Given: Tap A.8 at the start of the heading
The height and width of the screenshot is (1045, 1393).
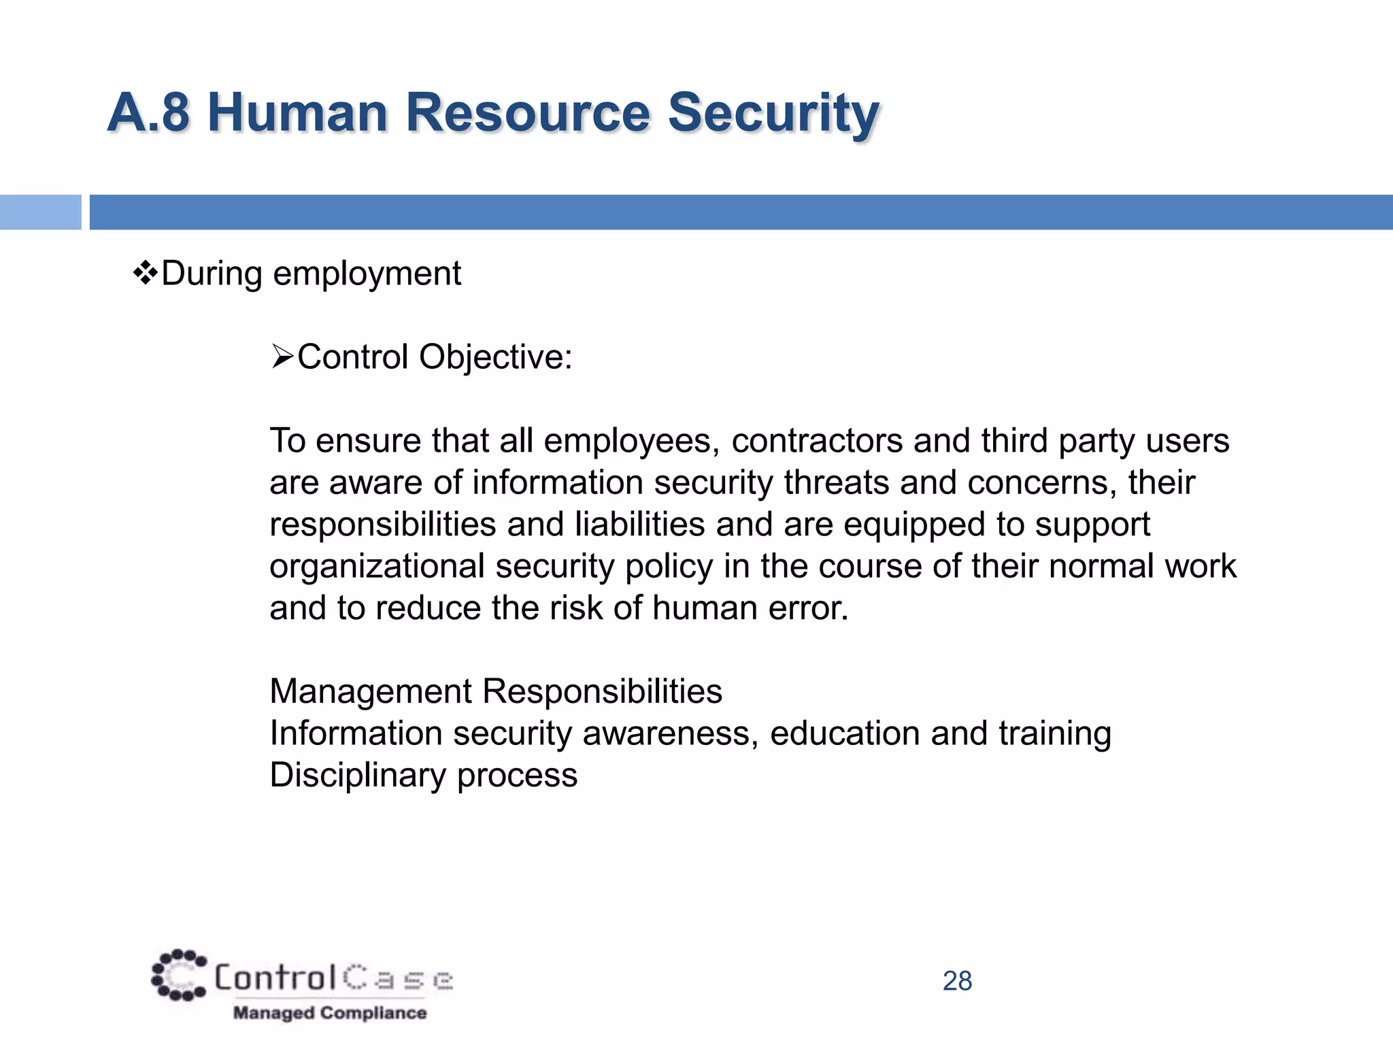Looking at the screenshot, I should click(148, 113).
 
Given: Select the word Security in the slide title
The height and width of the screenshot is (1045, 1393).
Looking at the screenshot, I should click(773, 113).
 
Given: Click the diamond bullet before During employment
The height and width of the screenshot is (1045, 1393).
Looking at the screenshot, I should click(145, 274).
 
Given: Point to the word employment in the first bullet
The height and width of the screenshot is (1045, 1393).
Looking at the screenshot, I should click(367, 274).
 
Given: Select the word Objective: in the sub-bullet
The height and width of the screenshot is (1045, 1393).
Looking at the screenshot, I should click(496, 357).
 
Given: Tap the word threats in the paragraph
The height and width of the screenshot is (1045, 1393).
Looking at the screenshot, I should click(836, 482).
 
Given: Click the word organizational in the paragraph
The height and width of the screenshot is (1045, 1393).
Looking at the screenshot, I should click(377, 566).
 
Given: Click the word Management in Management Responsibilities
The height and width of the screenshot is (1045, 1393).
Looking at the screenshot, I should click(370, 692).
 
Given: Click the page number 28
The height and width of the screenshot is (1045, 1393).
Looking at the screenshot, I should click(957, 981).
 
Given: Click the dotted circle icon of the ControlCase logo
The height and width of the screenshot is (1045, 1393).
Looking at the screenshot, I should click(178, 975).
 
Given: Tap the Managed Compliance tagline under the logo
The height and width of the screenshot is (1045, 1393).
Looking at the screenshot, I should click(330, 1013).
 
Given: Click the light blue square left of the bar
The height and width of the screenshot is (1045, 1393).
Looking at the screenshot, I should click(40, 212).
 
